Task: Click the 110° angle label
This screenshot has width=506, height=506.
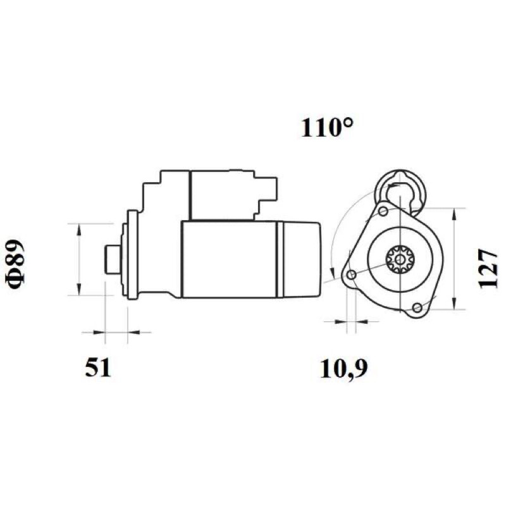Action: pyautogui.click(x=327, y=128)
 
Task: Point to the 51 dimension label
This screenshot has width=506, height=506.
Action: pyautogui.click(x=98, y=367)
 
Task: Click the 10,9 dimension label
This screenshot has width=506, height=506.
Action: pyautogui.click(x=343, y=369)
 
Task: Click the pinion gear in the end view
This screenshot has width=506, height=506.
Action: pyautogui.click(x=400, y=259)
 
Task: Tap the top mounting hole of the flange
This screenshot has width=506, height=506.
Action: pyautogui.click(x=383, y=211)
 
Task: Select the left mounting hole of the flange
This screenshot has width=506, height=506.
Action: pyautogui.click(x=352, y=275)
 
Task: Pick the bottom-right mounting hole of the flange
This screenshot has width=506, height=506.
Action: pyautogui.click(x=417, y=307)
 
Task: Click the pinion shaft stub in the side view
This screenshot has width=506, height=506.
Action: pyautogui.click(x=113, y=259)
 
